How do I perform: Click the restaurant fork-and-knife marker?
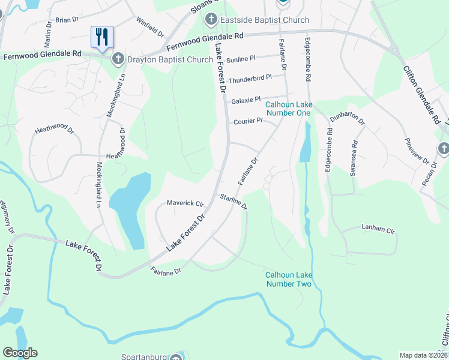tap(102, 37)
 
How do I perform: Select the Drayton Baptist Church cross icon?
tap(118, 59)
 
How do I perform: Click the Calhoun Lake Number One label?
tap(288, 109)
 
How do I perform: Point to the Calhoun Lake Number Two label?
tap(289, 280)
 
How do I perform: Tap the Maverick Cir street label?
tap(185, 203)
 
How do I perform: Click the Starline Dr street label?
tap(234, 200)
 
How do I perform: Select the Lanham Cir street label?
tap(378, 229)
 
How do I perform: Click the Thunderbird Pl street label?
tap(250, 77)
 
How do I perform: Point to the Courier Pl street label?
tap(248, 120)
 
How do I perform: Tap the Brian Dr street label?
tap(67, 20)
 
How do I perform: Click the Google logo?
tap(20, 353)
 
